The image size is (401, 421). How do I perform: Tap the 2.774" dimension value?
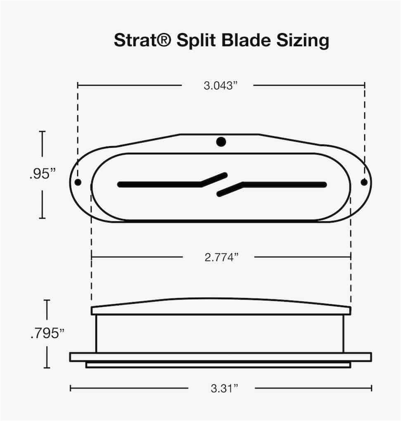pyautogui.click(x=222, y=257)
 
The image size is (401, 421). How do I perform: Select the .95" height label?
pyautogui.click(x=42, y=174)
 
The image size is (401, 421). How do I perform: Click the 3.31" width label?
pyautogui.click(x=225, y=388)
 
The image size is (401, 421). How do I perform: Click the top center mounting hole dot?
pyautogui.click(x=221, y=142)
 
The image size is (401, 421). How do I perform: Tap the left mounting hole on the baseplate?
pyautogui.click(x=78, y=182)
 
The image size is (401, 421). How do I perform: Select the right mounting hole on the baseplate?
pyautogui.click(x=364, y=182)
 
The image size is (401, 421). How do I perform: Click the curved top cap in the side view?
pyautogui.click(x=221, y=306)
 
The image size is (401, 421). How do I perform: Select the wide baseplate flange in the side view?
pyautogui.click(x=221, y=357)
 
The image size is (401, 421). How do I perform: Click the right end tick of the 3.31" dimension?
pyautogui.click(x=371, y=388)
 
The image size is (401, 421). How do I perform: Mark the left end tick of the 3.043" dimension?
pyautogui.click(x=78, y=85)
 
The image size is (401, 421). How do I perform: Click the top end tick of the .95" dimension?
pyautogui.click(x=42, y=132)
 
